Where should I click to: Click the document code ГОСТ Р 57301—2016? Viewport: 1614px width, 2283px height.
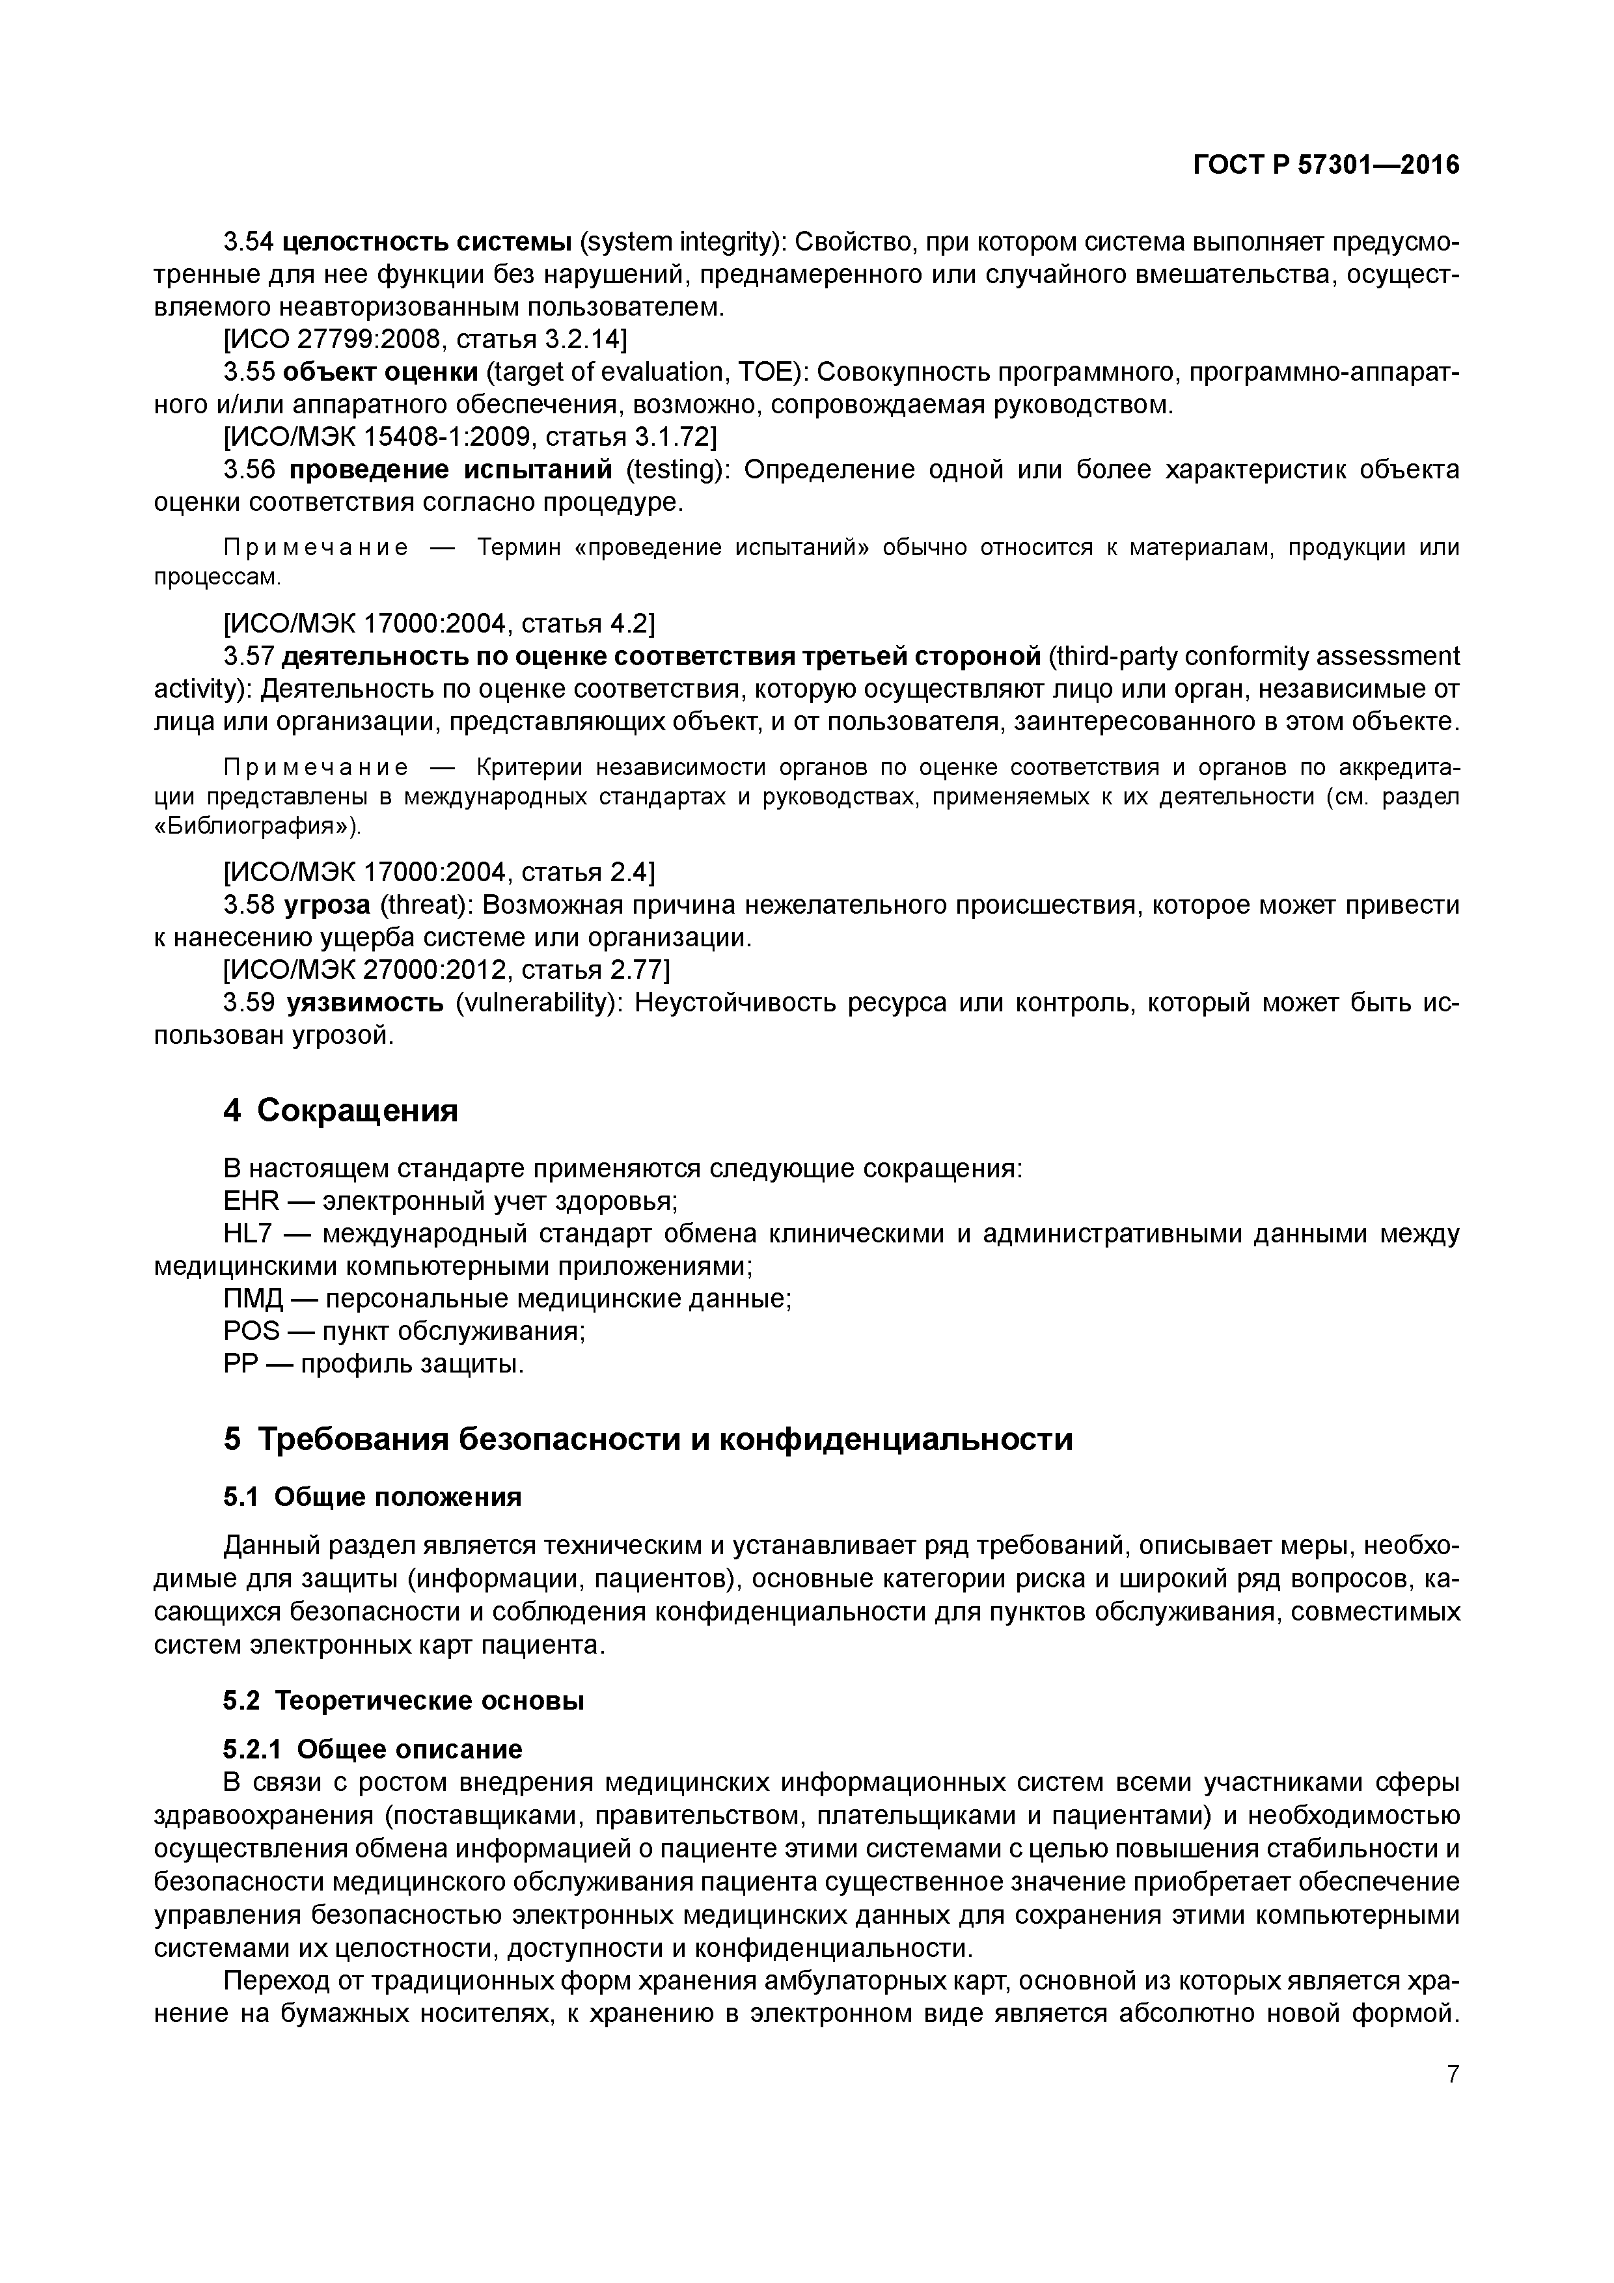pos(1326,165)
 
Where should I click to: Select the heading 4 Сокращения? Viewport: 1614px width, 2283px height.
pos(340,1111)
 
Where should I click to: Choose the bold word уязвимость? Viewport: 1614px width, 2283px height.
pos(365,1002)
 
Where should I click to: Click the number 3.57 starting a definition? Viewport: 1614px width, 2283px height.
pos(247,656)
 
